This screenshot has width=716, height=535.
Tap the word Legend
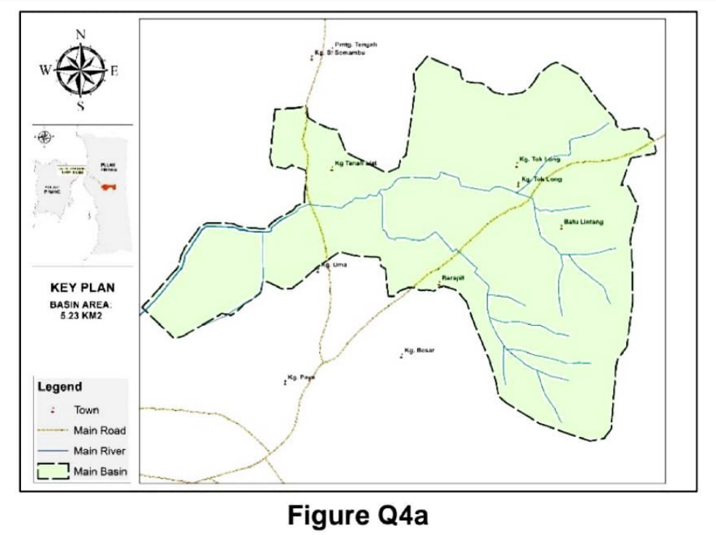59,387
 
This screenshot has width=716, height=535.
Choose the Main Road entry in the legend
99,430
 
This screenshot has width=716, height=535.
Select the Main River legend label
99,451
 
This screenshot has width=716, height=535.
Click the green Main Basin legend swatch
53,472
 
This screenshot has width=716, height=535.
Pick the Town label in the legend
86,410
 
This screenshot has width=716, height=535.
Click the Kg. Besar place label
419,351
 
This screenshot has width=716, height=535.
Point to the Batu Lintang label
583,221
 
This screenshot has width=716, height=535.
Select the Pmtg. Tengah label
356,44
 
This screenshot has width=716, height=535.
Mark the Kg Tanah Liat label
355,163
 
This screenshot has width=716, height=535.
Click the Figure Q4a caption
358,515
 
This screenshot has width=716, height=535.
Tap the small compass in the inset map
45,136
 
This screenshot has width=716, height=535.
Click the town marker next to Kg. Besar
401,356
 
